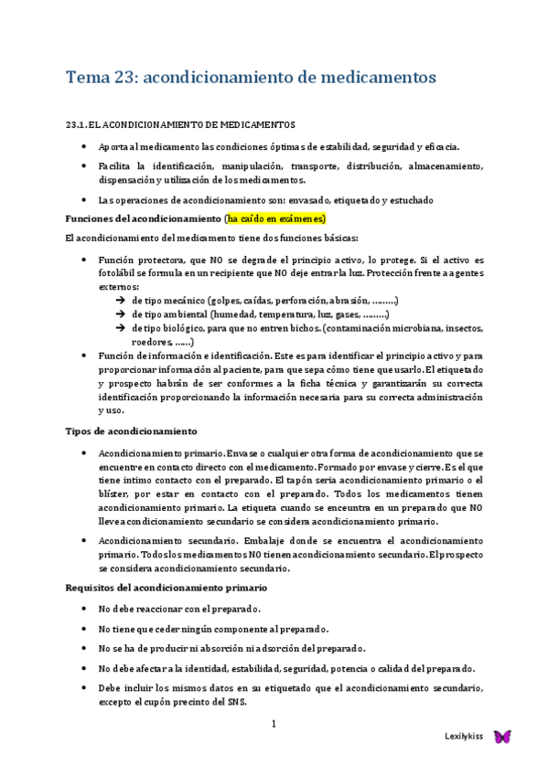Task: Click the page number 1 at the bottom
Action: point(274,725)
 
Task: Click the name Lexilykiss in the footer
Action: point(463,737)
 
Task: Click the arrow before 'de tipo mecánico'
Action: point(122,301)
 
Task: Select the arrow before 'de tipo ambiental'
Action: point(122,314)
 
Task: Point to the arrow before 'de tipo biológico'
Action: point(122,328)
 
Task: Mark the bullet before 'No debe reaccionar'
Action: point(85,609)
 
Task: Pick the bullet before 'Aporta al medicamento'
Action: point(85,147)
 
